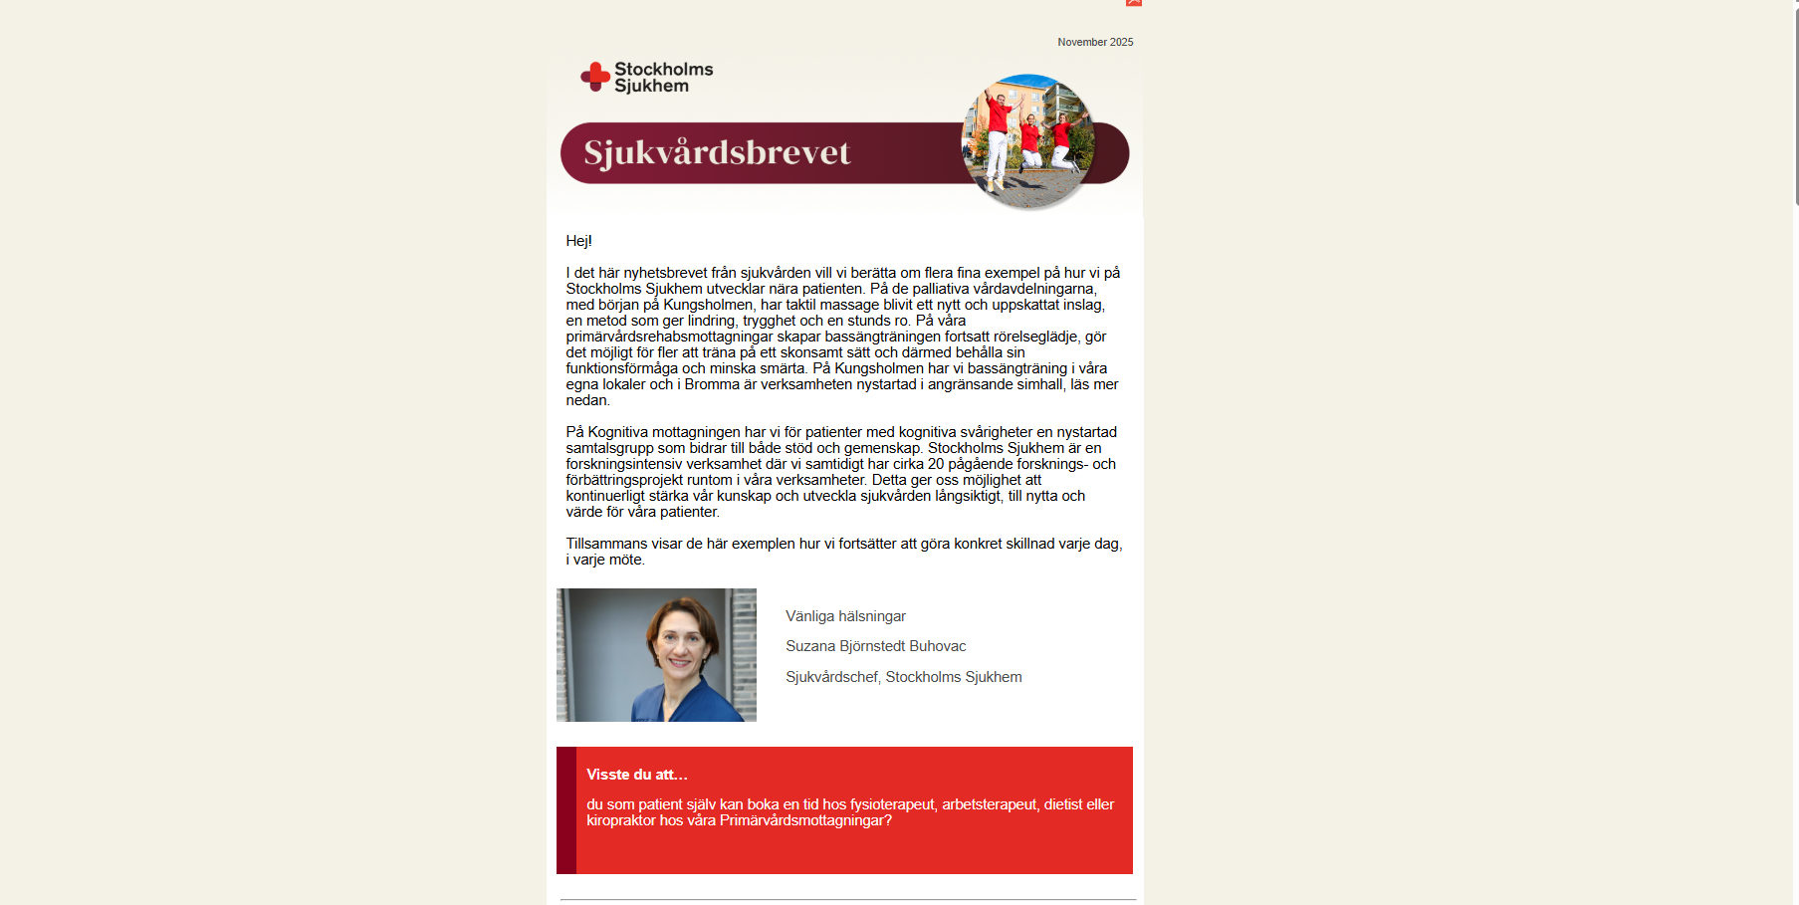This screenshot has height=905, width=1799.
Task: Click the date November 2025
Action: coord(1095,42)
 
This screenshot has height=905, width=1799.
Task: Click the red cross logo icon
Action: coord(595,77)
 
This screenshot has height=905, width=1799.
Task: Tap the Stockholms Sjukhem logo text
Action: coord(663,77)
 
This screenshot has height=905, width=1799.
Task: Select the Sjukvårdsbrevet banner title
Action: coord(717,152)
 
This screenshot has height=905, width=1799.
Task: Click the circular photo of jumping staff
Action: coord(1028,140)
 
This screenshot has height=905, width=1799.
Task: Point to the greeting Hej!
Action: coord(578,241)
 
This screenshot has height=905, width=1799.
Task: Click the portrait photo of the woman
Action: coord(656,655)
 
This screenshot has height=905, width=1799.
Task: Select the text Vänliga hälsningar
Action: coord(845,616)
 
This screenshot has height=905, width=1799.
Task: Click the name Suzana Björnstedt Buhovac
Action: coord(875,646)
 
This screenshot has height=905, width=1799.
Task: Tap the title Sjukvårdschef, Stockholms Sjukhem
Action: coord(903,677)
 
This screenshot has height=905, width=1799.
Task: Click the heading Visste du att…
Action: coord(637,775)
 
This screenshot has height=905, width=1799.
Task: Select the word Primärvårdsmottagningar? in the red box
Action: coord(805,820)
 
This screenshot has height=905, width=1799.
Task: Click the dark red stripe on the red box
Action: coord(565,810)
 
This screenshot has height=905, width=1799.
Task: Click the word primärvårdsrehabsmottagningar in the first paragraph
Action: coord(669,337)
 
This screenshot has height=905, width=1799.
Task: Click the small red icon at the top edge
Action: coord(1133,3)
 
